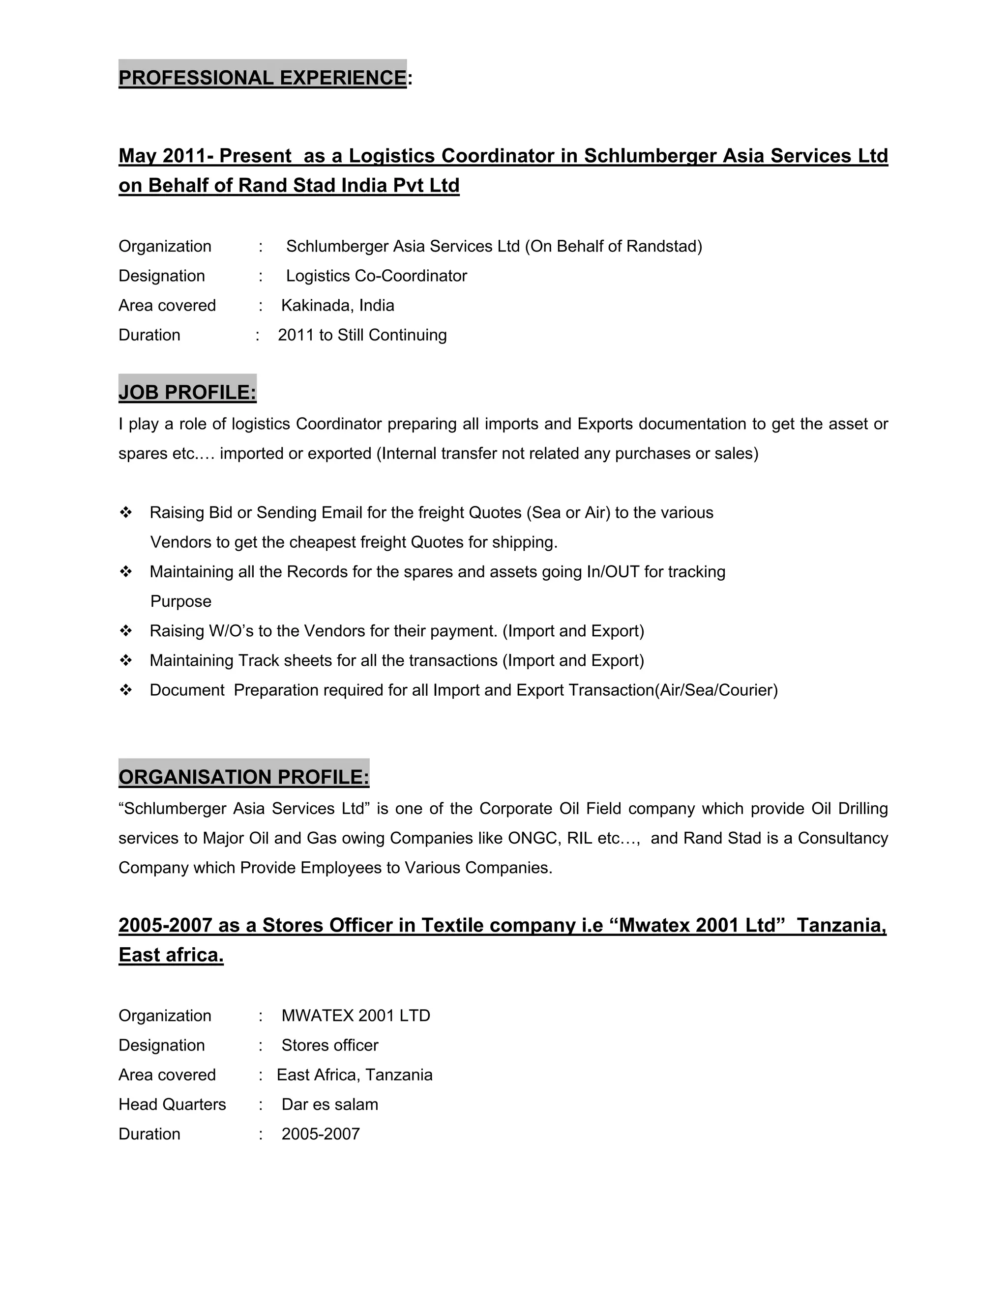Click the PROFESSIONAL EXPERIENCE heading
click(x=263, y=78)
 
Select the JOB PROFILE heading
click(x=187, y=392)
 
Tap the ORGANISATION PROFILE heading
click(x=243, y=777)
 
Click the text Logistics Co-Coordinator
click(x=377, y=276)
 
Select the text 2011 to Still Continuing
click(x=362, y=335)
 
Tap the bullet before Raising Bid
click(x=126, y=512)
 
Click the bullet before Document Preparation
click(x=126, y=690)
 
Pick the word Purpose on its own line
click(x=181, y=601)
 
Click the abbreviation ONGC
click(x=534, y=838)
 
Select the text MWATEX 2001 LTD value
click(x=355, y=1016)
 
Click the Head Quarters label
click(x=172, y=1104)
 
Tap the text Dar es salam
click(x=329, y=1104)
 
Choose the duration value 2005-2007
click(x=321, y=1134)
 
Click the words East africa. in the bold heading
click(x=171, y=955)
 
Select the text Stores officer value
click(x=329, y=1045)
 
